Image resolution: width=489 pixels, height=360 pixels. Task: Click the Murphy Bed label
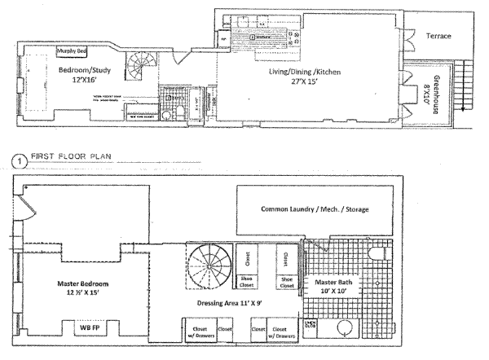click(71, 51)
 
